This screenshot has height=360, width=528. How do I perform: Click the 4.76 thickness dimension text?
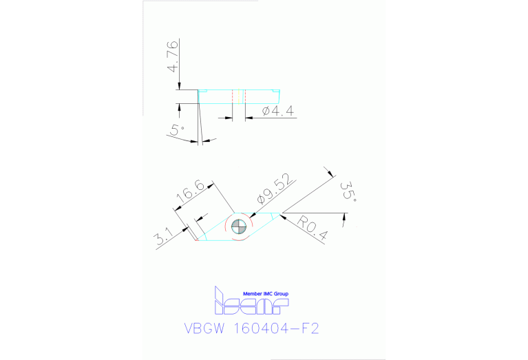click(173, 56)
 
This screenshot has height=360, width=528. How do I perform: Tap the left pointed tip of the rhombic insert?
click(197, 240)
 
